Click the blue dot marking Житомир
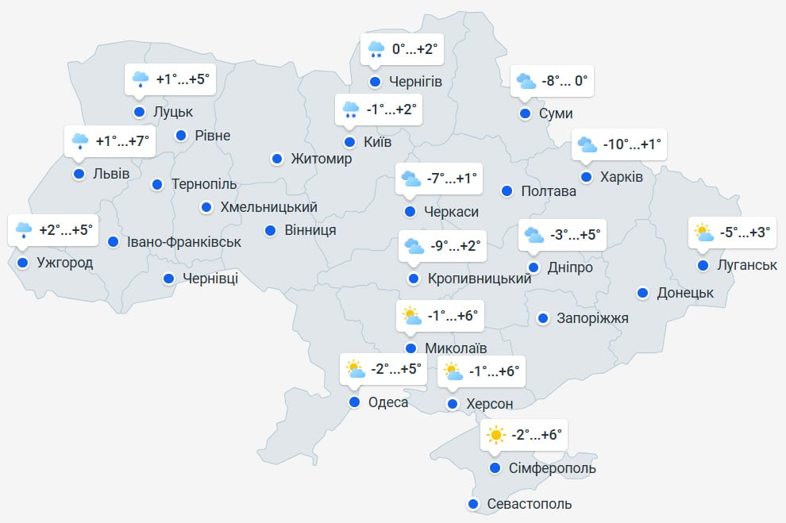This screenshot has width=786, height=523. point(277,159)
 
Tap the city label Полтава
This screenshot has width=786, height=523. point(549,191)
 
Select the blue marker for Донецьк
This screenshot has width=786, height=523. point(642,293)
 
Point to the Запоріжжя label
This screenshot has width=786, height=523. point(592,318)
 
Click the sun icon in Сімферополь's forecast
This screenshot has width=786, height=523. point(496,435)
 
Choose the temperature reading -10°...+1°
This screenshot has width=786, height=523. point(632,144)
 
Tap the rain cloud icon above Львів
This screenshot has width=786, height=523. point(80,141)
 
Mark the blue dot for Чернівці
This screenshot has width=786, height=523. point(169,279)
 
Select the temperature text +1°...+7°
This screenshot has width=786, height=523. point(121,141)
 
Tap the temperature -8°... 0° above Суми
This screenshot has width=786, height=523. point(564,81)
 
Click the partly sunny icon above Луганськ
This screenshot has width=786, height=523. point(703,233)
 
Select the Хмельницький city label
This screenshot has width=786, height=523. point(268,207)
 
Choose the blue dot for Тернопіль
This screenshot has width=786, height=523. point(157,184)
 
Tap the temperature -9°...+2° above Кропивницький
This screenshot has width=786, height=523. point(456,246)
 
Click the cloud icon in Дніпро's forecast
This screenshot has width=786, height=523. point(534,235)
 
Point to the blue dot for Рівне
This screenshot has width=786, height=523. point(181,135)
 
